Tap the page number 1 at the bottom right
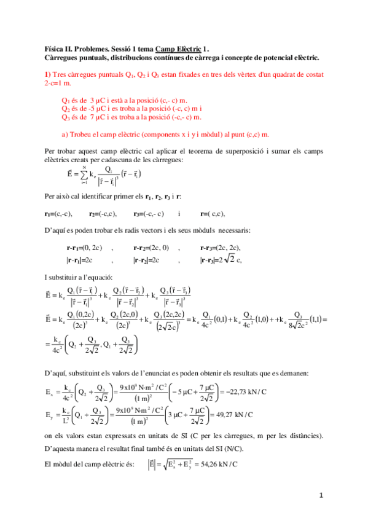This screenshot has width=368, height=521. pyautogui.click(x=320, y=495)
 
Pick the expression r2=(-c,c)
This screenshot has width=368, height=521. pyautogui.click(x=103, y=214)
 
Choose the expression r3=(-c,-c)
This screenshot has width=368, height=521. pyautogui.click(x=149, y=214)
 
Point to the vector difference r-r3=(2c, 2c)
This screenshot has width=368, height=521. pyautogui.click(x=220, y=248)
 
